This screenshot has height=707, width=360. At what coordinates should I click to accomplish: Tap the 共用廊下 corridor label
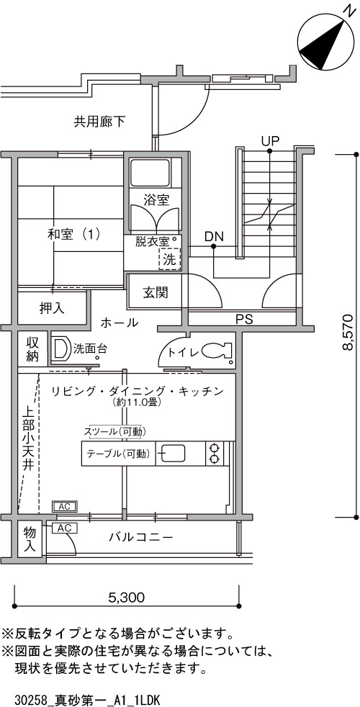click(x=99, y=121)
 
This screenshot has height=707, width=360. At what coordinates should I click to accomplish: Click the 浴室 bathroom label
click(x=156, y=199)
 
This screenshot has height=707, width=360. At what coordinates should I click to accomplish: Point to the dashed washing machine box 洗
click(x=169, y=259)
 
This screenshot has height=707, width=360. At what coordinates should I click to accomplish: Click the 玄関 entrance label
click(x=156, y=292)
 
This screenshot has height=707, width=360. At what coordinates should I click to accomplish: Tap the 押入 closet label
click(x=52, y=308)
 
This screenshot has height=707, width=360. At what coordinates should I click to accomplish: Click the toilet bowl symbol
click(x=216, y=351)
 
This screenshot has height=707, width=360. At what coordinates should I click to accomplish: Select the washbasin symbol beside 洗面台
click(x=59, y=348)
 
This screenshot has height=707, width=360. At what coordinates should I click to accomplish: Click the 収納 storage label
click(x=32, y=349)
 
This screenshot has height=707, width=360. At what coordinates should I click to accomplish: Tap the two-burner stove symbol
click(x=215, y=454)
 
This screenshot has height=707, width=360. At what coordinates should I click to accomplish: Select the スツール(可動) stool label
click(x=114, y=432)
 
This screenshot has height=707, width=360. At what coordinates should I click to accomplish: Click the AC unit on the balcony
click(x=65, y=528)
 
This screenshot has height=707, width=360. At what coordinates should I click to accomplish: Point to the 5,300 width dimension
click(x=126, y=598)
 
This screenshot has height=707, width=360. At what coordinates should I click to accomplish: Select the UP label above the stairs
click(x=270, y=140)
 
